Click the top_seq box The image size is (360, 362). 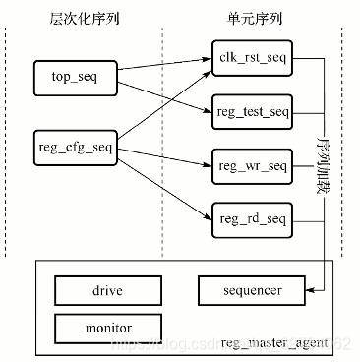[76, 76]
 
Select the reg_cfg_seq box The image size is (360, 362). [76, 149]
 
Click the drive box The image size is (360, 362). [107, 290]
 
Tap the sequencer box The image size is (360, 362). [252, 290]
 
